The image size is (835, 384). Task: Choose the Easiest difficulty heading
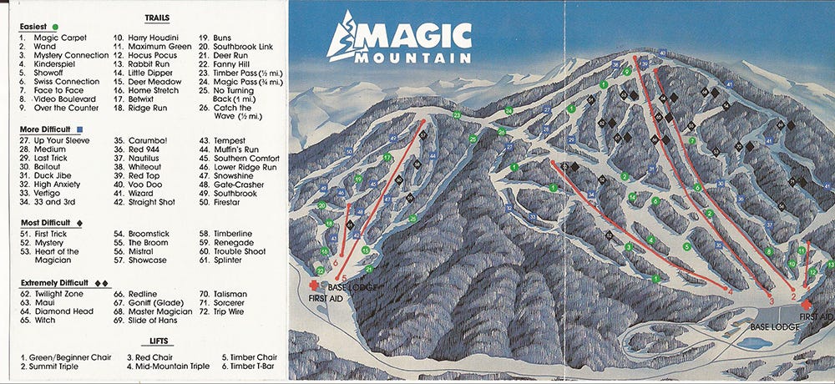[33, 27]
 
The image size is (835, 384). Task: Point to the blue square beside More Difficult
[79, 129]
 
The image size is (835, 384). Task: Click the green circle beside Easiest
[53, 27]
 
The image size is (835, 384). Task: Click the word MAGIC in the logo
[417, 37]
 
